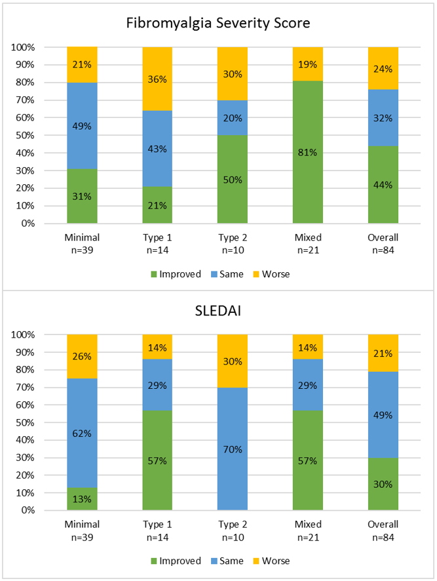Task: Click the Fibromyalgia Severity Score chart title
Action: (218, 24)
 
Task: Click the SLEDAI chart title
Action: (218, 311)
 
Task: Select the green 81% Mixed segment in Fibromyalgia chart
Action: (308, 152)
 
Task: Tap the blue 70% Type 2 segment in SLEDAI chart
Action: (233, 449)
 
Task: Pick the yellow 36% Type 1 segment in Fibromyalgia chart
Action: (157, 79)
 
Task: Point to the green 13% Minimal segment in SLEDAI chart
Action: (82, 499)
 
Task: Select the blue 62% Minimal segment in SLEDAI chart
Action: (82, 433)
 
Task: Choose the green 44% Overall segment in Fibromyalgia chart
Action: (383, 184)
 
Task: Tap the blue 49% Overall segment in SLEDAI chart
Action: (383, 423)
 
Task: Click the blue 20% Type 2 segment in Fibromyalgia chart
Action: (233, 118)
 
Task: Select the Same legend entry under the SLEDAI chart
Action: (229, 561)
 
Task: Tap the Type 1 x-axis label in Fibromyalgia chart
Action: (157, 237)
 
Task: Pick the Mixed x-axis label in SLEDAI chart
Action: (308, 525)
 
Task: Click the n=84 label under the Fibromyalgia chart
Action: (383, 249)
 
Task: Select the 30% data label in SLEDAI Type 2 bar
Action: (233, 361)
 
